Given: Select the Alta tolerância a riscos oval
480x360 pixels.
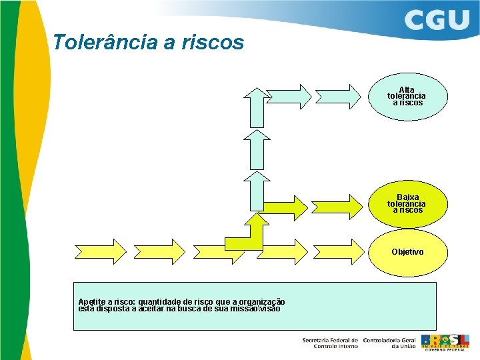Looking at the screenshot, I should (x=407, y=96).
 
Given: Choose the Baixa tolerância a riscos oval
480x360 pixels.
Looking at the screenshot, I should (x=407, y=203).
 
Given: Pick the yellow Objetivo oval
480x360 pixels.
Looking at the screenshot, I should (x=407, y=252).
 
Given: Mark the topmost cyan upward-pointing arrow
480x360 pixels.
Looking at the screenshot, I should (x=256, y=105).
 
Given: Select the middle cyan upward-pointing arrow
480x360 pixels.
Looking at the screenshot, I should (x=256, y=149).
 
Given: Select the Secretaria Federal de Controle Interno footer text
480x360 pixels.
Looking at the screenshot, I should (x=329, y=343).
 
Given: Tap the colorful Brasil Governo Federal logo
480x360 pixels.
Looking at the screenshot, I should (x=445, y=341).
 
